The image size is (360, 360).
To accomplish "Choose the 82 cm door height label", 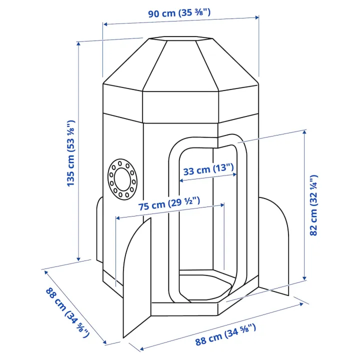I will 313,205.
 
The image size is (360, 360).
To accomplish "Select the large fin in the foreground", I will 137,280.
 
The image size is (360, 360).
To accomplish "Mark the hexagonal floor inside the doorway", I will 206,282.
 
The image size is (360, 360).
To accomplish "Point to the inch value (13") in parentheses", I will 223,168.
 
